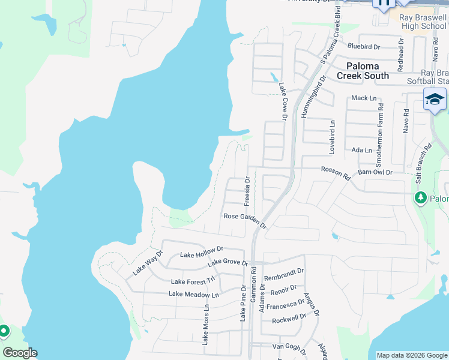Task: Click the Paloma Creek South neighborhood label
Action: [x=363, y=71]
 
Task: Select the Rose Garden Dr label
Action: [x=244, y=220]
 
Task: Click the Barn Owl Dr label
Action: [x=375, y=172]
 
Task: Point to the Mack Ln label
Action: [x=364, y=98]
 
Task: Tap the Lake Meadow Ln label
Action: [x=193, y=294]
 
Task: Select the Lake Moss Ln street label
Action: [x=205, y=324]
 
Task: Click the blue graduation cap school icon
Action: [x=435, y=100]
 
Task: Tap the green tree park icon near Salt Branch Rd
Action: [x=421, y=197]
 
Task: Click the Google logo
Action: [x=20, y=353]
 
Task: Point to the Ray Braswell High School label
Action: [x=423, y=22]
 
